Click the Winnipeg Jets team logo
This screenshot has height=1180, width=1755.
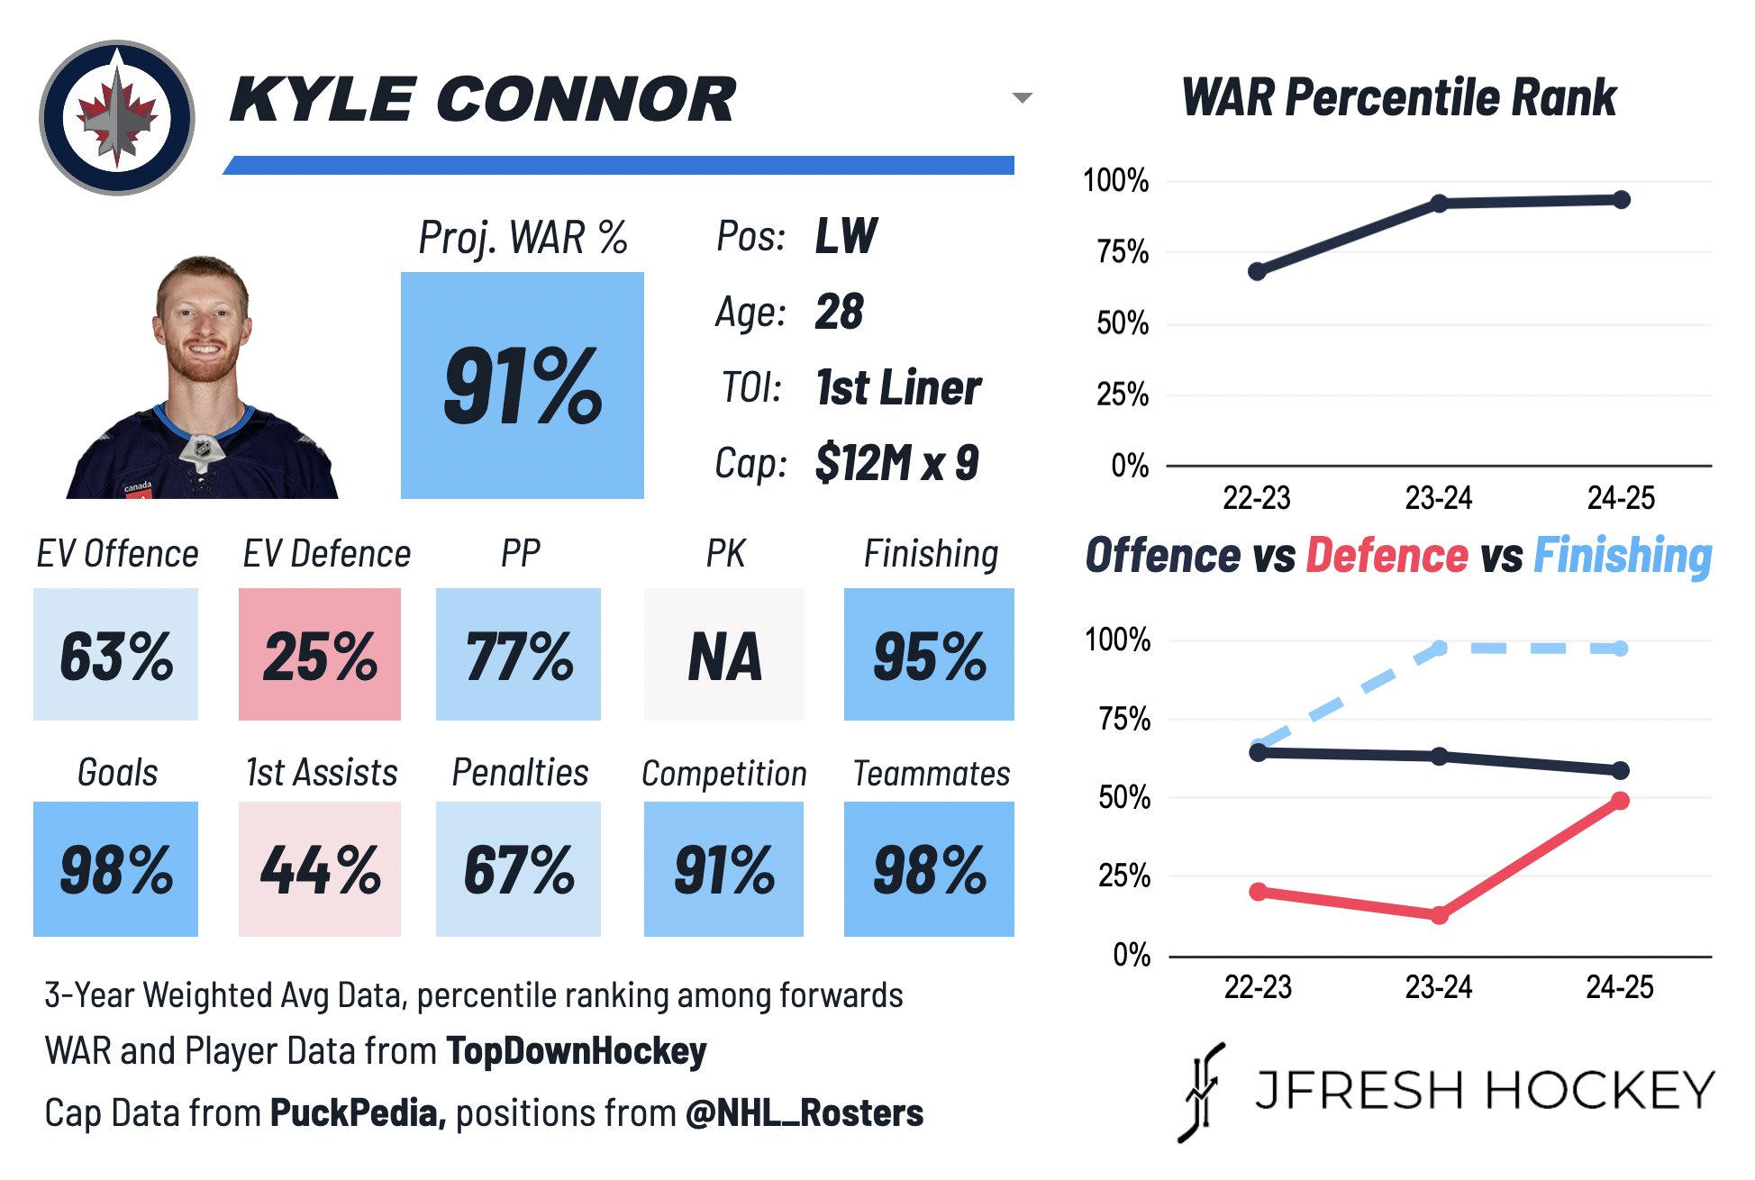click(117, 118)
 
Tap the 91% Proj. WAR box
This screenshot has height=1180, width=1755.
click(522, 386)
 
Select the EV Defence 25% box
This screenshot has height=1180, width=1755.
click(320, 654)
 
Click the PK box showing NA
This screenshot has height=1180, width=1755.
click(723, 654)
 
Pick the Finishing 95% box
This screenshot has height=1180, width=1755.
click(929, 654)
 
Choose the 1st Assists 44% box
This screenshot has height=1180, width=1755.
click(320, 869)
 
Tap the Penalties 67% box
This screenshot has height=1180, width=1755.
click(518, 869)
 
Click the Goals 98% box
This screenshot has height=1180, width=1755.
click(115, 869)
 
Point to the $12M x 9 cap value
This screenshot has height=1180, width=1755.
click(896, 463)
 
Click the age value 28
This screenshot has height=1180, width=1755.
click(839, 313)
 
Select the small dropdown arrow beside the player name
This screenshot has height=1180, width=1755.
click(1022, 97)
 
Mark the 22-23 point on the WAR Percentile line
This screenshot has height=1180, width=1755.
click(1257, 271)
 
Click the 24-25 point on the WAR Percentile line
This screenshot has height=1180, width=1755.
click(1621, 200)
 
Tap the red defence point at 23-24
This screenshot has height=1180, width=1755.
click(1439, 915)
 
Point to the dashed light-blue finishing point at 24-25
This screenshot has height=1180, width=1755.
click(1620, 649)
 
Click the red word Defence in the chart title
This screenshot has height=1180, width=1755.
click(1387, 555)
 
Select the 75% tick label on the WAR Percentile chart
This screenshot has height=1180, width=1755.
click(1123, 252)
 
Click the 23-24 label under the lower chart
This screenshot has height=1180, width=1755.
click(1439, 987)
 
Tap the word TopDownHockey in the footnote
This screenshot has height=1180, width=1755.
click(577, 1051)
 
